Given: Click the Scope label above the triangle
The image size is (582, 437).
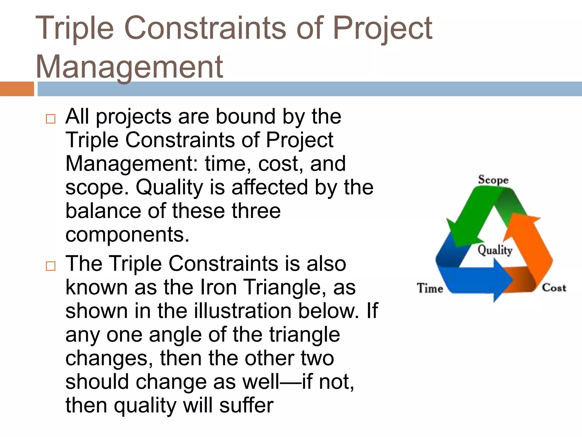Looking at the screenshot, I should click(x=493, y=180).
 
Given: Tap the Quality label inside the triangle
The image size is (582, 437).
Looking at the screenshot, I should click(x=495, y=250).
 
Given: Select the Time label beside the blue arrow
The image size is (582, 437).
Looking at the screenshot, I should click(x=430, y=288).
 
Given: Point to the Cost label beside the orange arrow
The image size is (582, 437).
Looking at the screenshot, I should click(x=554, y=288).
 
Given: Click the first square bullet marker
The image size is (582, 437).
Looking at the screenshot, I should click(x=51, y=119).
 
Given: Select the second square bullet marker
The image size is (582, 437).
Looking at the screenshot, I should click(x=51, y=266).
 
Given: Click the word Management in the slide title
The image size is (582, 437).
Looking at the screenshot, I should click(x=129, y=67).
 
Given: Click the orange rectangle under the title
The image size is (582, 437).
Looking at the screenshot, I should click(x=17, y=89).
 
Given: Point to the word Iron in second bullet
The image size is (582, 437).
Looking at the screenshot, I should click(x=219, y=287).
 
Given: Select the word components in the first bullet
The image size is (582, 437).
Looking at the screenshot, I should click(x=127, y=234).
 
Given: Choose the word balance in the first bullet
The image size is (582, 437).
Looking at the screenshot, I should click(x=103, y=211).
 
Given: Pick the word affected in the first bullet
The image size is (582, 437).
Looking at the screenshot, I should click(x=270, y=187).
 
